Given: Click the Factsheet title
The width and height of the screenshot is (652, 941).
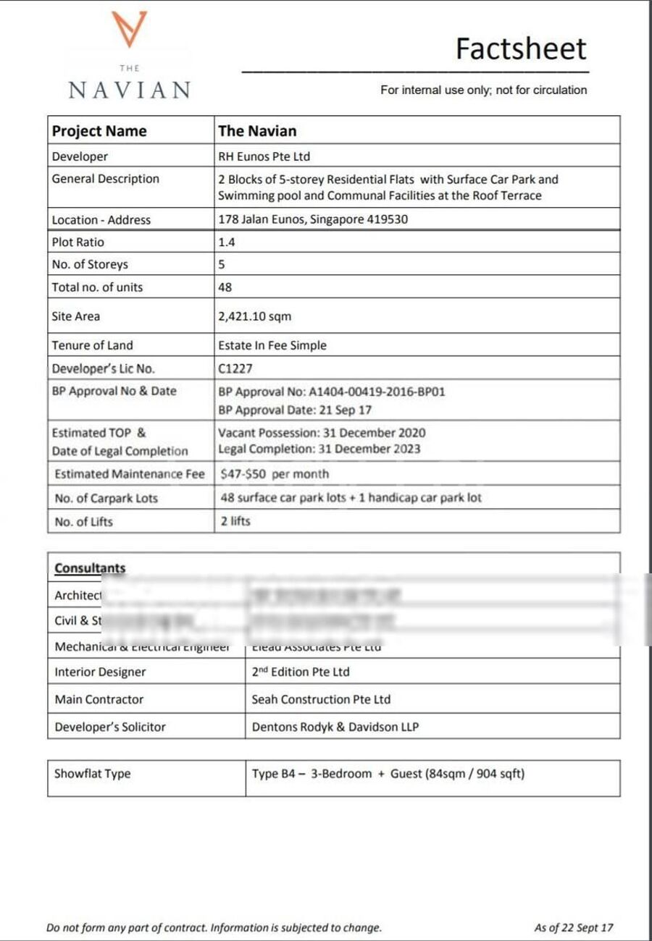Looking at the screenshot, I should click(520, 48).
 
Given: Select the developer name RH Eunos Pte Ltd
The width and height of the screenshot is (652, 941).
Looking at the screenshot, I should click(264, 156).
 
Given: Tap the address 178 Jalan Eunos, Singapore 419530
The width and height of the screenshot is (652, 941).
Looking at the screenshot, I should click(313, 219).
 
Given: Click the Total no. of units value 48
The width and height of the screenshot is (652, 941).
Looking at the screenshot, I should click(225, 287).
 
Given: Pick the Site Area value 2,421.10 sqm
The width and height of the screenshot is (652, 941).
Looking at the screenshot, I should click(255, 316).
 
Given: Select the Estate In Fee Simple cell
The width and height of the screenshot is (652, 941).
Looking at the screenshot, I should click(272, 345).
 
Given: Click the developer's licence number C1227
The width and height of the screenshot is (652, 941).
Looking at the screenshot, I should click(235, 368).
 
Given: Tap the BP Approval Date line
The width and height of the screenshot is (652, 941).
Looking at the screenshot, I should click(295, 410).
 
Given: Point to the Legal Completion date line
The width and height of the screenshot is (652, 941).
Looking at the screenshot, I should click(319, 449).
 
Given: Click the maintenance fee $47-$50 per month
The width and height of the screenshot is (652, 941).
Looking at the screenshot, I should click(275, 474).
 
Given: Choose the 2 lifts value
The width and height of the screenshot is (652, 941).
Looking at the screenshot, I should click(235, 521).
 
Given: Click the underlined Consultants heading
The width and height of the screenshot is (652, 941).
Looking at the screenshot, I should click(90, 568).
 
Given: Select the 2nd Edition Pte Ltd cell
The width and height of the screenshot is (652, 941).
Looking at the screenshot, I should click(301, 672).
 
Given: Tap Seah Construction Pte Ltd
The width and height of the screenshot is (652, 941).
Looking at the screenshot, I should click(321, 699).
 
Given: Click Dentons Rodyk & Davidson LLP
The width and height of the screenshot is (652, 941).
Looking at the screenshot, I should click(335, 727).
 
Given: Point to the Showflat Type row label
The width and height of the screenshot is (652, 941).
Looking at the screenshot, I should click(93, 774).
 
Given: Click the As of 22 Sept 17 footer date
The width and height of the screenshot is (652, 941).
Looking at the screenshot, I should click(573, 927).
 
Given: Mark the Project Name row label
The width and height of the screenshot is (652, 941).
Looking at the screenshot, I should click(99, 131).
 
